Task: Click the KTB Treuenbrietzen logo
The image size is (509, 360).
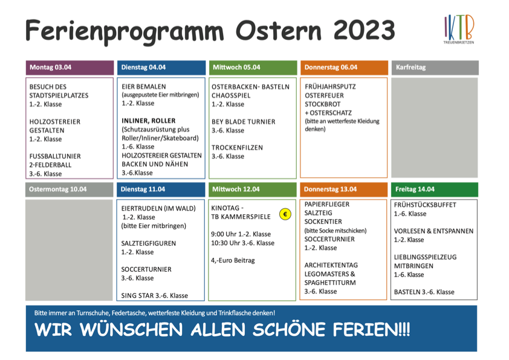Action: click(459, 29)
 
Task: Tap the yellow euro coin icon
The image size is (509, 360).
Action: click(285, 214)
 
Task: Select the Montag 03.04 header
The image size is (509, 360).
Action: click(70, 68)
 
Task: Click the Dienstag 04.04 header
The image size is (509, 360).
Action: click(161, 68)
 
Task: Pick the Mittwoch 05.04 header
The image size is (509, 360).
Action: click(253, 68)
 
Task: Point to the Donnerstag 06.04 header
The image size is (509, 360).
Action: click(344, 68)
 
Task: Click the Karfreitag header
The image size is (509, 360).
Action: click(435, 68)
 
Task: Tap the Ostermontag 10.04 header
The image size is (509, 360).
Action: click(69, 189)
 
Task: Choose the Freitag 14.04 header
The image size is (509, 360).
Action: click(434, 189)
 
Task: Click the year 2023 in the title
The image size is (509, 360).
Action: click(364, 30)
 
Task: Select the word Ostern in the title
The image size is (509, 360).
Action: click(279, 30)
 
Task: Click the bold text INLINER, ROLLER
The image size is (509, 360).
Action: click(149, 121)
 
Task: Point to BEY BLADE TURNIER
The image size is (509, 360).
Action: click(244, 122)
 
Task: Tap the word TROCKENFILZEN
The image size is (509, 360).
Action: click(238, 148)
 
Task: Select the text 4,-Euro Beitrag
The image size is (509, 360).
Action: click(233, 260)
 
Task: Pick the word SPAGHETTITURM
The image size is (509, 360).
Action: click(330, 283)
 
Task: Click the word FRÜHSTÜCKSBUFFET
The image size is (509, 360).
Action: click(425, 205)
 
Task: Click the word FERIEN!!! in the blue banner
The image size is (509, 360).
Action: click(372, 330)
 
